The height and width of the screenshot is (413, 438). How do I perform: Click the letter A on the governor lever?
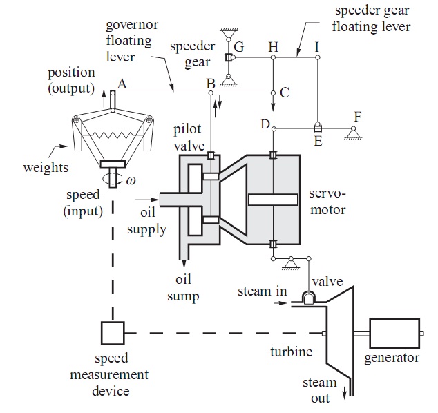point(122,83)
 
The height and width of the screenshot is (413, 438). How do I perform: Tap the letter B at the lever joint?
point(211,84)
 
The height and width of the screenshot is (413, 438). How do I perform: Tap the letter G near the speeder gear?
point(239,47)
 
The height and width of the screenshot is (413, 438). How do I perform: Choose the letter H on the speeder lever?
point(274,46)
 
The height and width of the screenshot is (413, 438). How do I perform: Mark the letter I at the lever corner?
point(317,46)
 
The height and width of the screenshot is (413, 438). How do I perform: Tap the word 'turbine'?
point(291,352)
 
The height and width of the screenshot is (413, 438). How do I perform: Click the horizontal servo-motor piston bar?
point(274,200)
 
